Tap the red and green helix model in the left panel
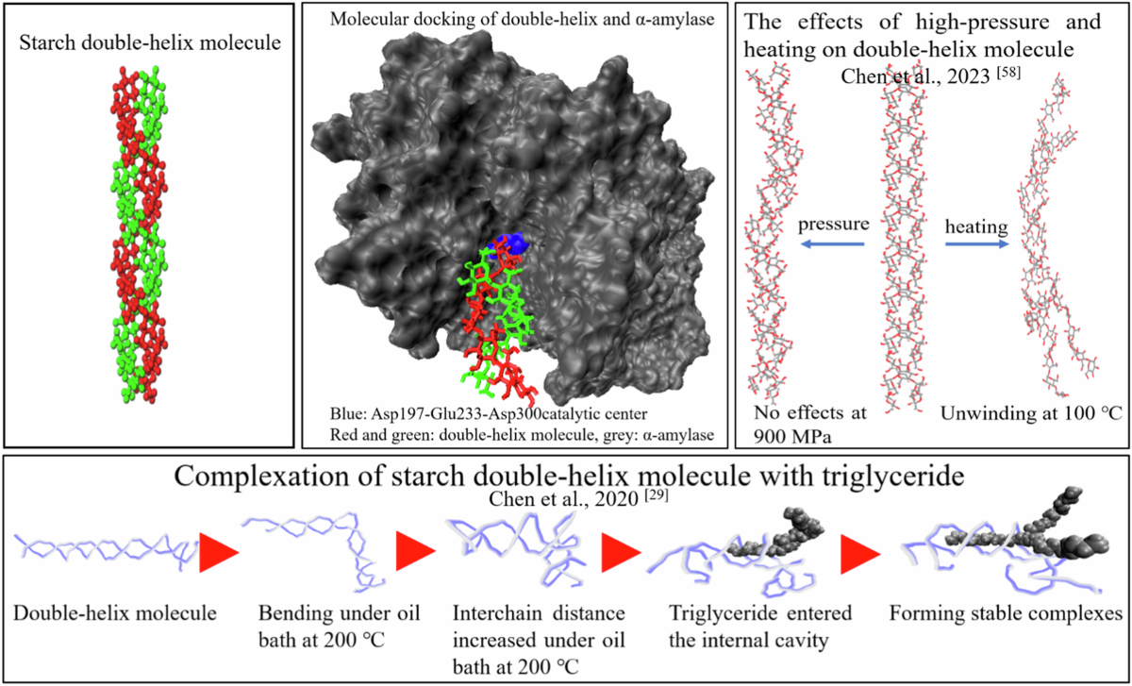(145, 236)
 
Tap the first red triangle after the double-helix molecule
(216, 552)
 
